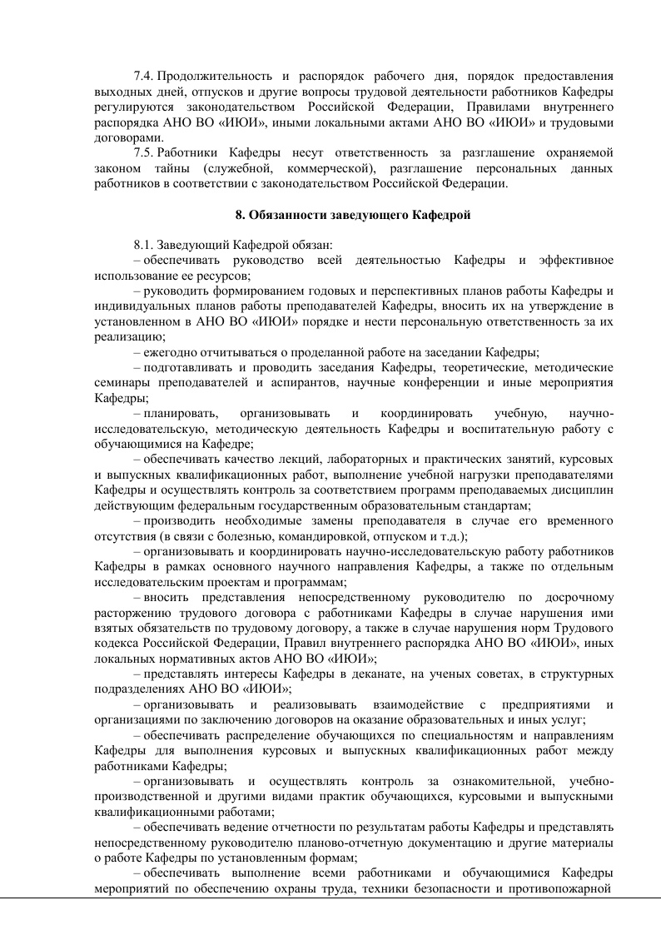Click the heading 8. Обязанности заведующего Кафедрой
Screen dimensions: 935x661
tap(354, 215)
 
